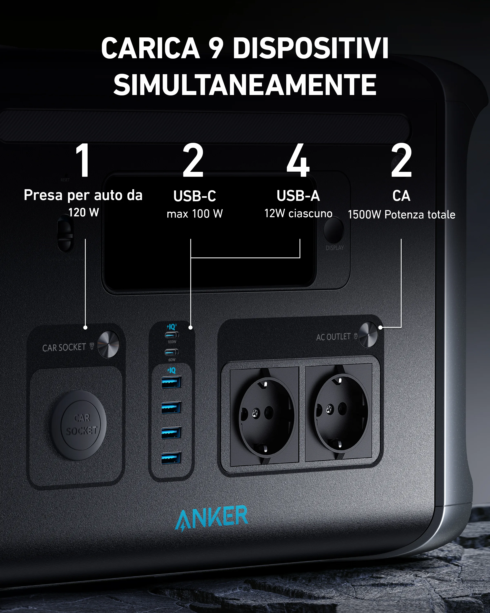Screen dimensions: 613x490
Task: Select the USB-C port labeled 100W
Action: coord(171,335)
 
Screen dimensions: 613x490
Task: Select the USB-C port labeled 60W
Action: coord(171,352)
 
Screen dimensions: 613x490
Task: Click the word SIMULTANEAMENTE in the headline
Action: coord(245,85)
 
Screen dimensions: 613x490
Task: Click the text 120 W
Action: coord(84,212)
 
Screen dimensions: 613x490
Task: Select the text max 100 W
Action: coord(195,214)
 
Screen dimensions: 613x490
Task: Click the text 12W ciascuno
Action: coord(298,213)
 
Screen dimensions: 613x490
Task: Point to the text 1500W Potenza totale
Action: coord(401,214)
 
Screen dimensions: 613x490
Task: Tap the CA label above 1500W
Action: coord(401,196)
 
